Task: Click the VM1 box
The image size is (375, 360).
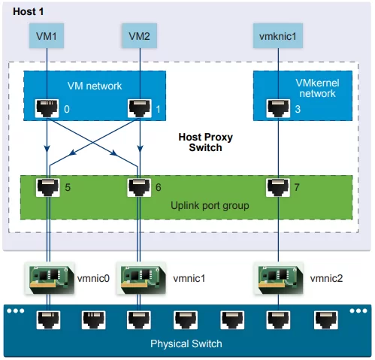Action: (x=47, y=36)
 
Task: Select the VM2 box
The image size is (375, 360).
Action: (x=140, y=36)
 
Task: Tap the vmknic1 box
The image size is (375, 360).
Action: (x=278, y=36)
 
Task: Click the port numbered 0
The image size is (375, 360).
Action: (x=47, y=108)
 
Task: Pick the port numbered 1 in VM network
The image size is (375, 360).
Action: (x=140, y=108)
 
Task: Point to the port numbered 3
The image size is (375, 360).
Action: (x=278, y=108)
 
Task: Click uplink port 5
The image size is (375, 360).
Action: (x=48, y=187)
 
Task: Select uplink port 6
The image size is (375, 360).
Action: (x=139, y=187)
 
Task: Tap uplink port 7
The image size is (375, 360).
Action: (x=278, y=187)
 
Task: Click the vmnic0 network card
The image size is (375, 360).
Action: (x=50, y=278)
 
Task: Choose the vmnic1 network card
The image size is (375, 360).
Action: (x=141, y=278)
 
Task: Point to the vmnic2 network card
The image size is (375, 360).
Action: (x=279, y=278)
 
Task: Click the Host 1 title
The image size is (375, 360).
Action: (x=29, y=11)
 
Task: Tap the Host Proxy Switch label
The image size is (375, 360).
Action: (x=206, y=142)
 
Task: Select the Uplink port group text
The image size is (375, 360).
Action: (x=210, y=205)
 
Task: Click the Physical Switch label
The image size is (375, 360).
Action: (x=186, y=343)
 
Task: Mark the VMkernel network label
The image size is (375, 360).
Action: (x=317, y=88)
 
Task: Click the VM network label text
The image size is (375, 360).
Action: (x=95, y=86)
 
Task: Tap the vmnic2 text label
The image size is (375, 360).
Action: (x=326, y=278)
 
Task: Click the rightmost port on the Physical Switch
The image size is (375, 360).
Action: (x=326, y=320)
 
